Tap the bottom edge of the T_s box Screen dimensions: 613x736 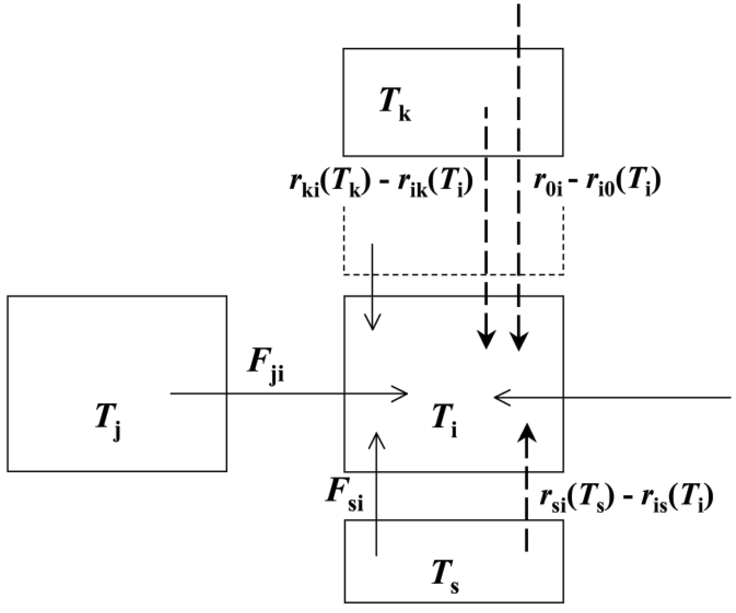(x=454, y=602)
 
